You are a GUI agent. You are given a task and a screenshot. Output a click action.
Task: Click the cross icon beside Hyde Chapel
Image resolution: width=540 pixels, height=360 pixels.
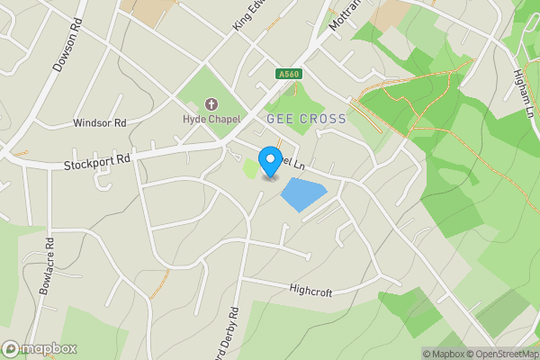click(x=211, y=105)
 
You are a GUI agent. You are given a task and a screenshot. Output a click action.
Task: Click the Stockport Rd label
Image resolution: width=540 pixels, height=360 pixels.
click(x=97, y=162)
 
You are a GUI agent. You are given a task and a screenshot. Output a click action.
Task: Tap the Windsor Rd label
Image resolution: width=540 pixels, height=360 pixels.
click(x=100, y=122)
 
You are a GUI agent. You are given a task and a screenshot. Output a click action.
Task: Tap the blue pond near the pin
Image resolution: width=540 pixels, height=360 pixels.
click(x=302, y=194)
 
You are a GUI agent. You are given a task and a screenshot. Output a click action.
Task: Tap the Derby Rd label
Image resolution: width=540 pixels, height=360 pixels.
click(x=231, y=330)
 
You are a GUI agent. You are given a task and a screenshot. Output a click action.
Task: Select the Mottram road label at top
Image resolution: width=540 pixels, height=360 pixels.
click(x=338, y=15)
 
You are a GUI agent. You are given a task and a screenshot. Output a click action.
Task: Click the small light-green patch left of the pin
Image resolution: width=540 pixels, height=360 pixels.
click(x=250, y=167)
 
